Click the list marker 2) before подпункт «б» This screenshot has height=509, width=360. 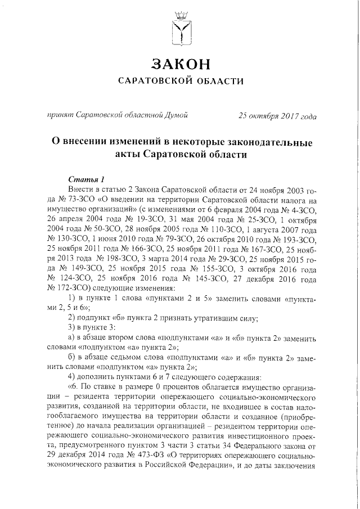[x=71, y=318]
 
